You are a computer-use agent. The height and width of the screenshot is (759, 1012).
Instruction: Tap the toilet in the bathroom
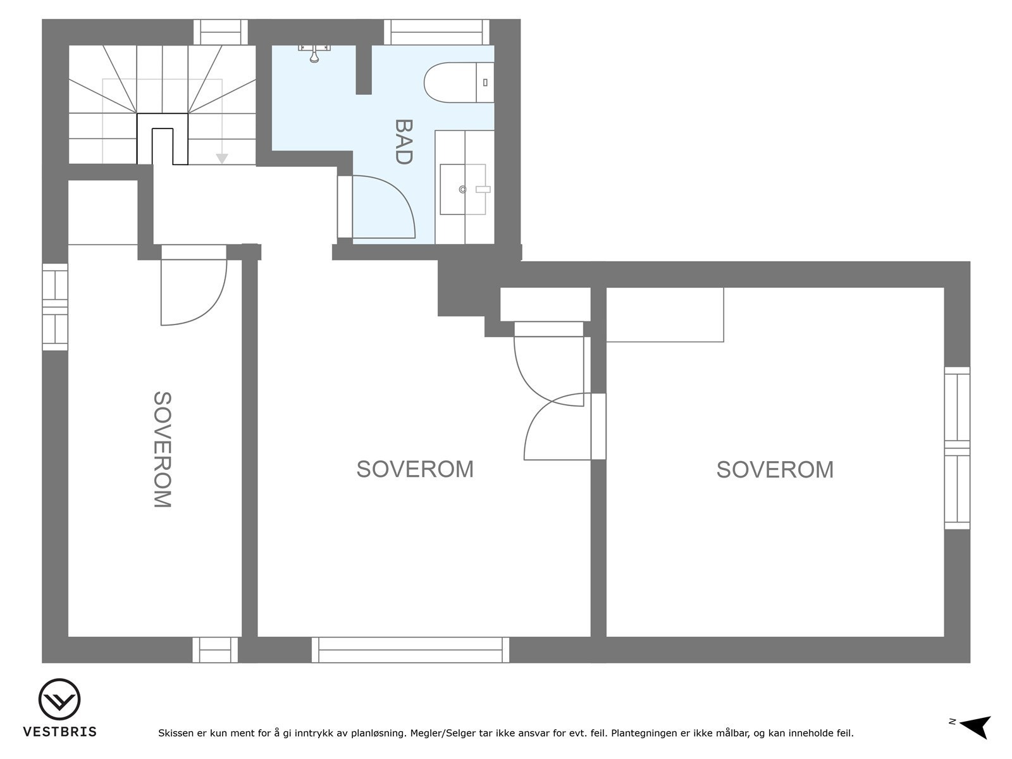pos(457,82)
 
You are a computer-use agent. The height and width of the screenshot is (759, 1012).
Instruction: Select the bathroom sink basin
pos(463,189)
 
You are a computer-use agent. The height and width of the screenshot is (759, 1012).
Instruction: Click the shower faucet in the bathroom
pos(314,53)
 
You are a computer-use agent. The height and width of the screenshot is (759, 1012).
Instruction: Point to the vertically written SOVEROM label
pos(163,450)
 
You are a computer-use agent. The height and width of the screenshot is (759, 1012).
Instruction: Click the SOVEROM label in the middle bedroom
pos(415,469)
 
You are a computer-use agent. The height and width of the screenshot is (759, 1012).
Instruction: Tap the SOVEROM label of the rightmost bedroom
pos(775,469)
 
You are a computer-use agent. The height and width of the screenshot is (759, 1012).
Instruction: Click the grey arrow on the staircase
pos(221,158)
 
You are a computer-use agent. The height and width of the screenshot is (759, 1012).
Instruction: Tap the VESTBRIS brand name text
pos(59,732)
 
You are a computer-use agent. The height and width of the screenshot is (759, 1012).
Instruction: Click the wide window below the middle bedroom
pos(410,650)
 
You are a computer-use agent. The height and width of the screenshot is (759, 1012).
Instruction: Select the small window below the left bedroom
pos(215,650)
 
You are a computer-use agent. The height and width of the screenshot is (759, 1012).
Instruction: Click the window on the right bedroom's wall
pos(957,448)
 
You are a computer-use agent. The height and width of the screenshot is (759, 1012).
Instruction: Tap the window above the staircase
pos(220,32)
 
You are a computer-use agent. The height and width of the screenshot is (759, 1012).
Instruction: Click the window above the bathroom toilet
pos(437,32)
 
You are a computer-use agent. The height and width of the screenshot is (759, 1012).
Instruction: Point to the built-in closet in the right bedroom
pos(665,314)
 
